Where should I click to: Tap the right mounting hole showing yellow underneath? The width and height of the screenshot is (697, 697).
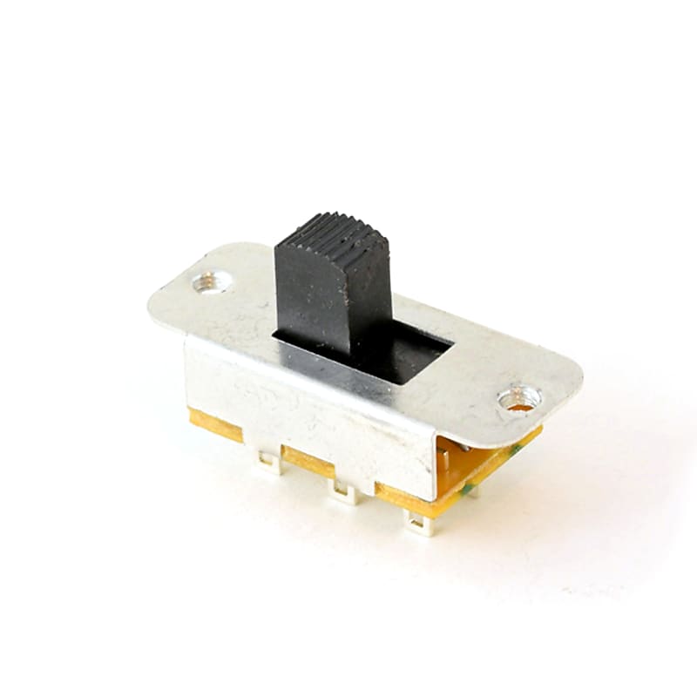click(519, 400)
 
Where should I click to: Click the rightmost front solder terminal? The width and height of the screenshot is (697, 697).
click(420, 524)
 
